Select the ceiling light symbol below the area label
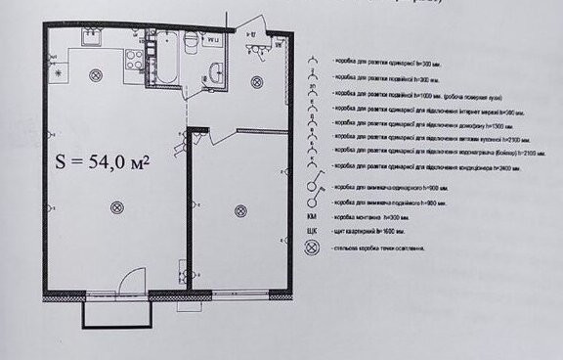(x=117, y=204)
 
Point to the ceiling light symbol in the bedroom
(x=239, y=207)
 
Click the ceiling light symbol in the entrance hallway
(x=256, y=81)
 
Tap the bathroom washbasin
(x=217, y=70)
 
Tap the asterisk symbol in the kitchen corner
(x=58, y=72)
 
